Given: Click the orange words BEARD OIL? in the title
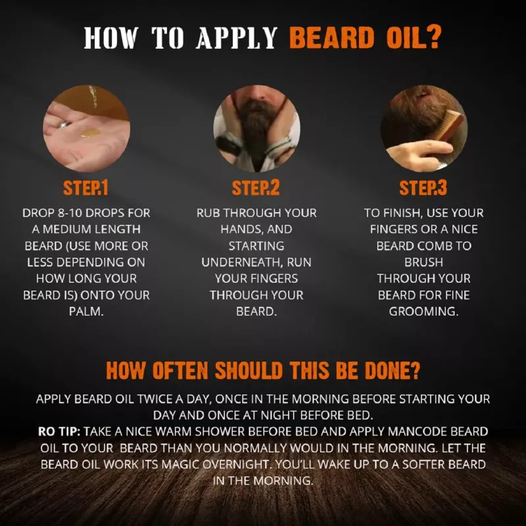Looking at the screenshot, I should [x=365, y=38].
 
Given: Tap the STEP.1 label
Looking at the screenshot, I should [x=85, y=189].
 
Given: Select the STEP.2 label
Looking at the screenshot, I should [x=256, y=189].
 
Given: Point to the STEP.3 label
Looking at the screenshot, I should [x=423, y=189].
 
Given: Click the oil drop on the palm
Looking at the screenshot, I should [x=90, y=133].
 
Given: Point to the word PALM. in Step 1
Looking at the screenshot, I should [x=85, y=311].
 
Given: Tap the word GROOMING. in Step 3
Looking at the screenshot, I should [x=423, y=311].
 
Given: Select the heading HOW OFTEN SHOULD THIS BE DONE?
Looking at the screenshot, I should [x=262, y=371].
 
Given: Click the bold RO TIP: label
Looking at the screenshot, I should [x=58, y=431].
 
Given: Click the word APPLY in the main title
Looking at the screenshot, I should [x=237, y=38].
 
